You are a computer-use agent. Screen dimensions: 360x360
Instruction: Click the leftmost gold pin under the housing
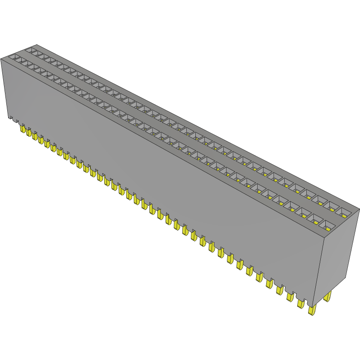pyautogui.click(x=22, y=129)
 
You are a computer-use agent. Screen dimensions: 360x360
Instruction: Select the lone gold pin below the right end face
pyautogui.click(x=328, y=296)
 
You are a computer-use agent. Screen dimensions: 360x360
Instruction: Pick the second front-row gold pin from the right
pyautogui.click(x=300, y=303)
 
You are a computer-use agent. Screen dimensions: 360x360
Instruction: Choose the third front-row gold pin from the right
pyautogui.click(x=290, y=296)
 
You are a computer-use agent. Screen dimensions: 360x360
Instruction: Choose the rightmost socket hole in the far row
pyautogui.click(x=345, y=212)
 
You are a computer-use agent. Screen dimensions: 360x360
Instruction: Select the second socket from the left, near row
pyautogui.click(x=24, y=62)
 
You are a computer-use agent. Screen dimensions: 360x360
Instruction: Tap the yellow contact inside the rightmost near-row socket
pyautogui.click(x=330, y=227)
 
